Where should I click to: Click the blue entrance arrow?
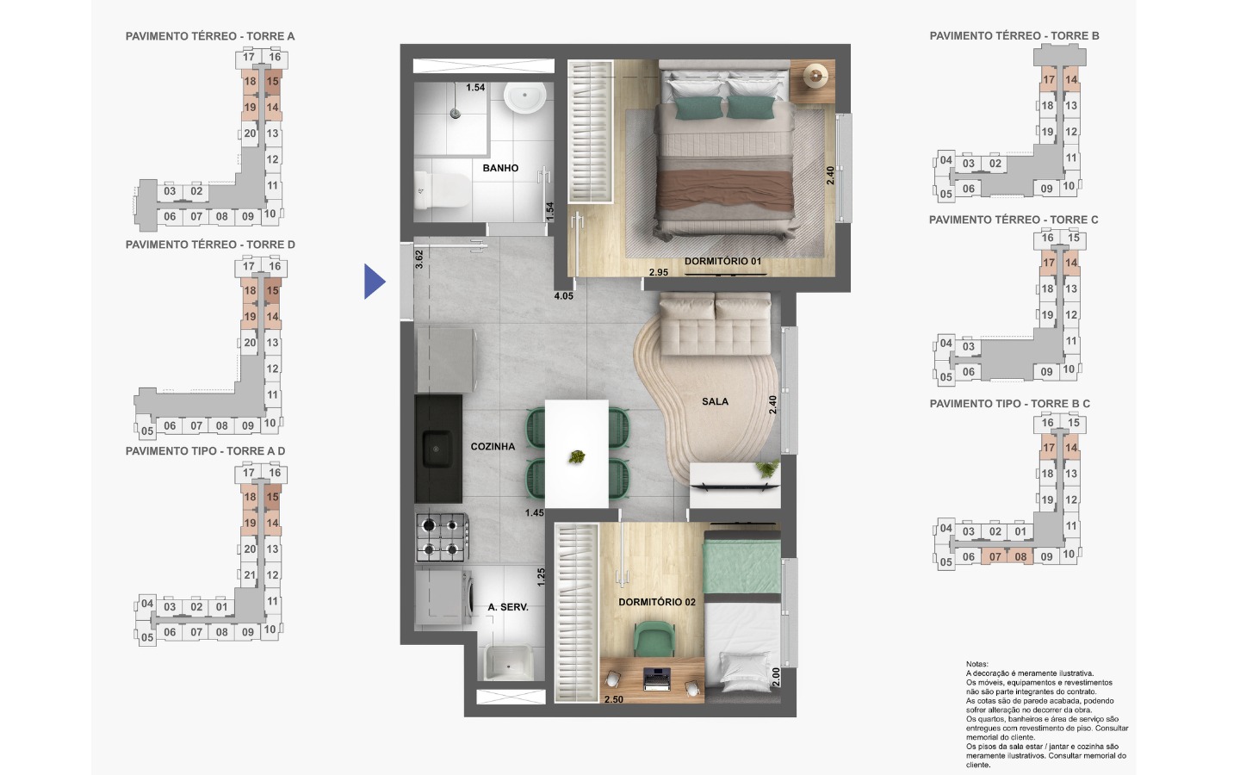pyautogui.click(x=374, y=282)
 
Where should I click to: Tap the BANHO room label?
pyautogui.click(x=500, y=168)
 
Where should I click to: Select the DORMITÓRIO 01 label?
pyautogui.click(x=723, y=261)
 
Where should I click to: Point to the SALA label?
pyautogui.click(x=716, y=401)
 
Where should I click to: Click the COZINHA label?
pyautogui.click(x=493, y=446)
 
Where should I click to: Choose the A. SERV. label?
pyautogui.click(x=508, y=607)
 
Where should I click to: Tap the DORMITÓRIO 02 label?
pyautogui.click(x=657, y=602)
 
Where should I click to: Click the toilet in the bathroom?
pyautogui.click(x=441, y=189)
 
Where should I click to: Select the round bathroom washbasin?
pyautogui.click(x=524, y=98)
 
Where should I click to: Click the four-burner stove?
pyautogui.click(x=442, y=537)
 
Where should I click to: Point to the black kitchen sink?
pyautogui.click(x=438, y=449)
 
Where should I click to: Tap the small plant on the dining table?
pyautogui.click(x=577, y=457)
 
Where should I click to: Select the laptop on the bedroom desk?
pyautogui.click(x=657, y=679)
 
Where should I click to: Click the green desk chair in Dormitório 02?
pyautogui.click(x=654, y=639)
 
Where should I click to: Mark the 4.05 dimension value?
pyautogui.click(x=563, y=296)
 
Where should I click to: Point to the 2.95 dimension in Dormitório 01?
pyautogui.click(x=659, y=272)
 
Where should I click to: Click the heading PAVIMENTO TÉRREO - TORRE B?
pyautogui.click(x=1014, y=36)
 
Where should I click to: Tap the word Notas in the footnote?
pyautogui.click(x=977, y=664)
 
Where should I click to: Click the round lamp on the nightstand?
pyautogui.click(x=815, y=76)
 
